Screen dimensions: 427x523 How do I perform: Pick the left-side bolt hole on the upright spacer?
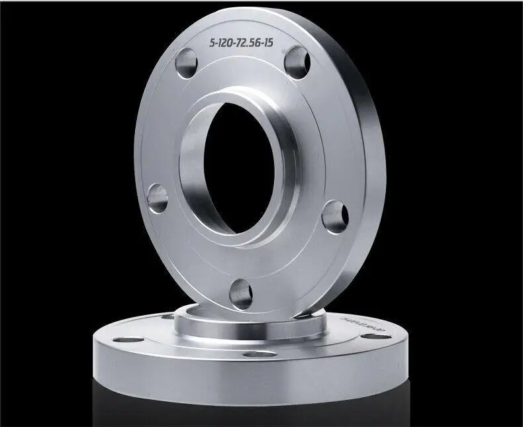[158, 198]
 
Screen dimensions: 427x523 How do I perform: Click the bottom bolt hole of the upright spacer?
[241, 293]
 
